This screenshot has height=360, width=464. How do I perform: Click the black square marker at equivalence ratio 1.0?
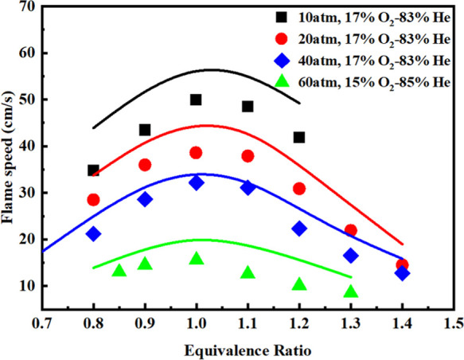(196, 100)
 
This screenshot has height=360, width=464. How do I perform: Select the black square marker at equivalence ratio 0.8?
(94, 170)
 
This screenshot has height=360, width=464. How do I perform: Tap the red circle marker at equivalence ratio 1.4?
(402, 265)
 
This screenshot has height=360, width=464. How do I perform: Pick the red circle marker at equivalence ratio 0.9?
(145, 165)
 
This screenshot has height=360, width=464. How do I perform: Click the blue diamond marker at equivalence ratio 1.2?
(299, 229)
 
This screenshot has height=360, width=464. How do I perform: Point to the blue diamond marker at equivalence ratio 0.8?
(94, 234)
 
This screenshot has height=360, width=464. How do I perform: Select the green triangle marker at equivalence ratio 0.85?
(119, 271)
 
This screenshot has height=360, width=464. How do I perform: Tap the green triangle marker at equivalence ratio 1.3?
(351, 292)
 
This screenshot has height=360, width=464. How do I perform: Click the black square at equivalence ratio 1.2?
(299, 137)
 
